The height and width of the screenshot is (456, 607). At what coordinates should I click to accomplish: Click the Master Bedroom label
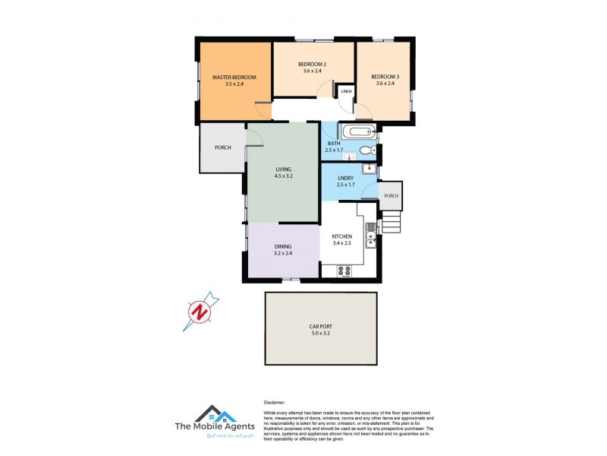click(x=234, y=78)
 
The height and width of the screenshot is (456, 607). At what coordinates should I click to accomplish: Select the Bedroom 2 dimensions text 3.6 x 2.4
click(x=312, y=71)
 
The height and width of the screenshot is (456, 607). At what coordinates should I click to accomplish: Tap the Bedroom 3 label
click(x=385, y=77)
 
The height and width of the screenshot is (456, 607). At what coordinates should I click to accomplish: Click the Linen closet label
click(x=346, y=92)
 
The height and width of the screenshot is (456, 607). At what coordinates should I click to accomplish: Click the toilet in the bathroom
click(x=367, y=150)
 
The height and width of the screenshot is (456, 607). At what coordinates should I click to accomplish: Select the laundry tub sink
click(x=368, y=169)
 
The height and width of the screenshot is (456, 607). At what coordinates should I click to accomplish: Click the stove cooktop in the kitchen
click(x=343, y=270)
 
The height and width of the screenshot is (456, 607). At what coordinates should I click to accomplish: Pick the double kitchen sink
click(x=370, y=239)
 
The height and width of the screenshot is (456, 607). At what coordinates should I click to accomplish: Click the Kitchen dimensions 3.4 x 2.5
click(x=342, y=244)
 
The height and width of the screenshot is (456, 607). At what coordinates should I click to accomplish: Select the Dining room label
click(x=283, y=246)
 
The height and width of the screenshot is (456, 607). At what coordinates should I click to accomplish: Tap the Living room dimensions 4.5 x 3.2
click(x=283, y=176)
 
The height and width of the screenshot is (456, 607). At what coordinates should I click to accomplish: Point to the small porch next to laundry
click(x=390, y=196)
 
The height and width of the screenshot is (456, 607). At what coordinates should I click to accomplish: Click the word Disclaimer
click(x=275, y=403)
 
